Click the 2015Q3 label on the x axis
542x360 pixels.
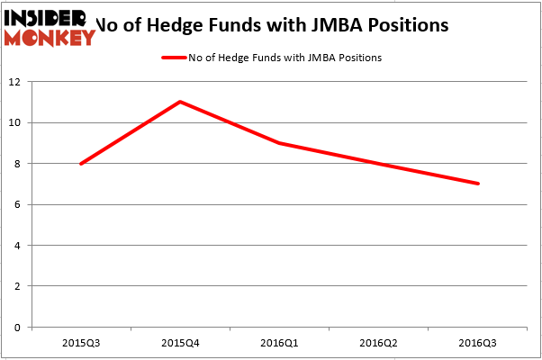(81, 342)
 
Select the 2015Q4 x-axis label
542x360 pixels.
(180, 342)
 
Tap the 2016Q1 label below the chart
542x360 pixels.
(280, 342)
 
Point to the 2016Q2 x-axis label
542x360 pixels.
(379, 342)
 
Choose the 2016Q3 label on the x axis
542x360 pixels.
(478, 342)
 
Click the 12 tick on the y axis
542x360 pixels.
(16, 82)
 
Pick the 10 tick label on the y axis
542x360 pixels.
(16, 122)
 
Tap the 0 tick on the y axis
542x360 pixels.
(19, 327)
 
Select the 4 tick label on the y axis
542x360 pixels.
(19, 245)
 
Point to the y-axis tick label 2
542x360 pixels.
(19, 286)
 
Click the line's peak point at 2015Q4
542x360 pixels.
(180, 102)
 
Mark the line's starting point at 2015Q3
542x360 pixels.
(81, 164)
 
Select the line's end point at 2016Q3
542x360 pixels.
(478, 184)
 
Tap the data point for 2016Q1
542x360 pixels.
(280, 143)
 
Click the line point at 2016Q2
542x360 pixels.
(379, 164)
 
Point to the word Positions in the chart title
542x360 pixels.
(409, 24)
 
